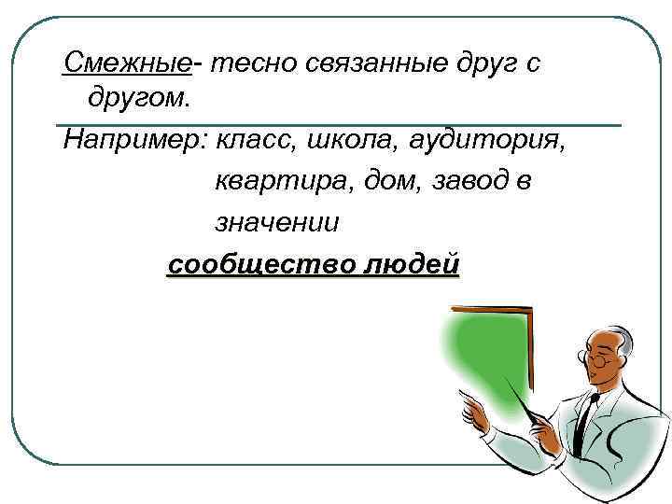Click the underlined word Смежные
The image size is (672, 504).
coord(127,63)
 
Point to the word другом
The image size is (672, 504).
coord(138,96)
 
